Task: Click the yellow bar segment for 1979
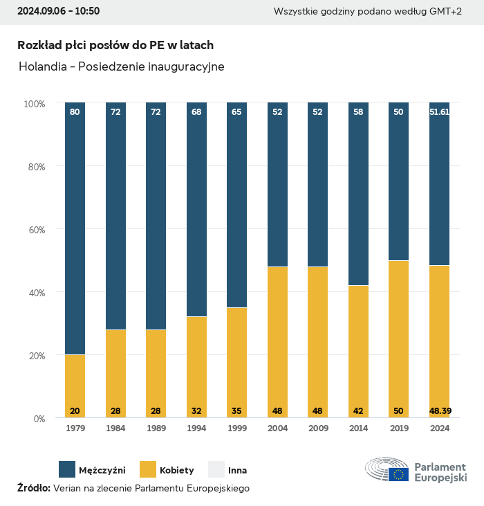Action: (75, 386)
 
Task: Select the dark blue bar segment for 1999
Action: (236, 205)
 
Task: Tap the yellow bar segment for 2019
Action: (398, 339)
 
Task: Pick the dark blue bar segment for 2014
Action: (358, 194)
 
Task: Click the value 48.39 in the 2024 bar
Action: (440, 411)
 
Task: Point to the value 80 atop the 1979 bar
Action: (75, 111)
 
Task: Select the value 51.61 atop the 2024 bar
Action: (440, 111)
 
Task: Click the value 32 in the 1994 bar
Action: (196, 411)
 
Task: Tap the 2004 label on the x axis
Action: (277, 429)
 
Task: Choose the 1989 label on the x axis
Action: (156, 429)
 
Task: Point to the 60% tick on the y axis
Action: (35, 229)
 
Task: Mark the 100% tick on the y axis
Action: (33, 103)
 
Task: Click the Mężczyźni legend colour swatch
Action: (67, 469)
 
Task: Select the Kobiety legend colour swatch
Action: (148, 469)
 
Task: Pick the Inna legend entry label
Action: (237, 470)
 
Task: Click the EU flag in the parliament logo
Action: (398, 474)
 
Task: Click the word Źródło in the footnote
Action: (33, 488)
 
